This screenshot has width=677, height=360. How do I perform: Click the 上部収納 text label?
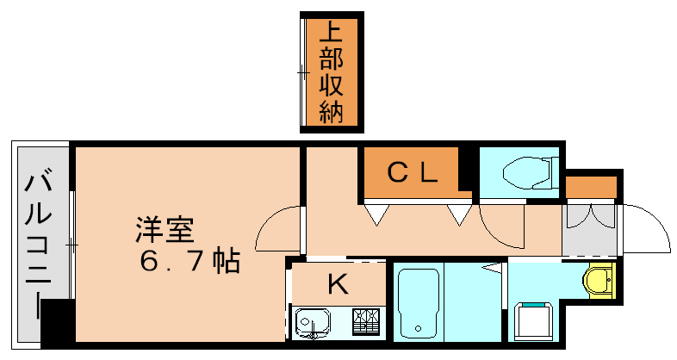click(332, 72)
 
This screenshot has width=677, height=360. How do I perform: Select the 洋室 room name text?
click(164, 230)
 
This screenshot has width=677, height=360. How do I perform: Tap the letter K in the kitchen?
click(338, 283)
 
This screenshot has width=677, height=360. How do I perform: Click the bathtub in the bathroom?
click(419, 304)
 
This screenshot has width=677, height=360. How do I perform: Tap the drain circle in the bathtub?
click(418, 328)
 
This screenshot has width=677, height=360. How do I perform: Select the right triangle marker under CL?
click(457, 214)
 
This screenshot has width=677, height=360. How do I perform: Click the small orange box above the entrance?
click(592, 187)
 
